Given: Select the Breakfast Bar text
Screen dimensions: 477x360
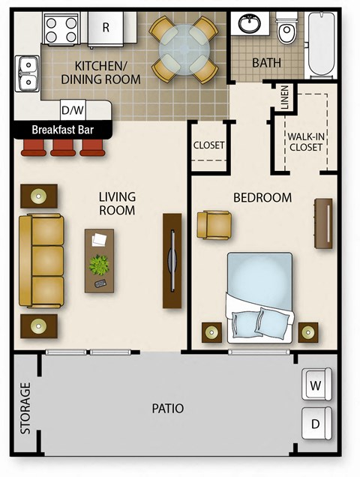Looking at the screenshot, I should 63,130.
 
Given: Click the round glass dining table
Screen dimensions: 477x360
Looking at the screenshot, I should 184,49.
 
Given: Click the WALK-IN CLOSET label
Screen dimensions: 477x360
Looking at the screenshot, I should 306,141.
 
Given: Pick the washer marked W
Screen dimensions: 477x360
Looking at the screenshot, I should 316,385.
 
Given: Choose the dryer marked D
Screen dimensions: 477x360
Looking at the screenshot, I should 316,424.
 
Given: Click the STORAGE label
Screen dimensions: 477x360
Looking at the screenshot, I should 26,409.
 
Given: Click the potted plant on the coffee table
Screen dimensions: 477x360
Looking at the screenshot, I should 99,265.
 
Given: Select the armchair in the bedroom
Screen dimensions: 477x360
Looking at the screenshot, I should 214,225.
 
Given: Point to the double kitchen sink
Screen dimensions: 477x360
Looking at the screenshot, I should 27,73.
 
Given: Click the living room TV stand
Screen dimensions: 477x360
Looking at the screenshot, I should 172,260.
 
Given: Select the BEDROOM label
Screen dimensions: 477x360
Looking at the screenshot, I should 262,198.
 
